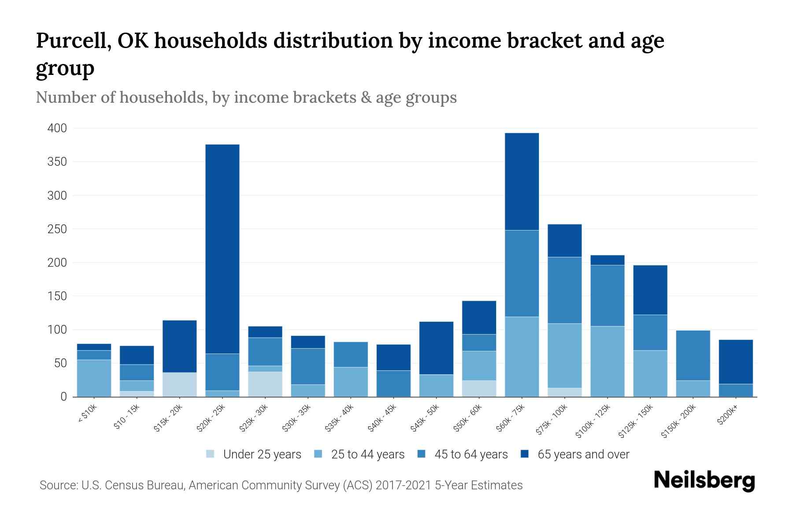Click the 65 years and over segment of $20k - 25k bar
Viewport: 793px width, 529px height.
click(x=222, y=249)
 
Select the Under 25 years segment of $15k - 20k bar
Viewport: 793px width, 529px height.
click(x=180, y=384)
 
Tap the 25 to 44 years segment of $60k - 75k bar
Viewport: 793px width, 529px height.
click(x=522, y=357)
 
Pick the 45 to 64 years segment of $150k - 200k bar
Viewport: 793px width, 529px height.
click(x=693, y=355)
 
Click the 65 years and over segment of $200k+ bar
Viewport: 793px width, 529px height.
click(x=736, y=361)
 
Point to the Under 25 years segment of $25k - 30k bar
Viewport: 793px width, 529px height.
click(x=265, y=384)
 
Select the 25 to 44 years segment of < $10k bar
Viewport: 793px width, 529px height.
click(x=94, y=378)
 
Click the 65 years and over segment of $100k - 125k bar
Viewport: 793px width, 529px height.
click(x=608, y=260)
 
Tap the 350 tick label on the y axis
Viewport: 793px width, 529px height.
click(x=57, y=162)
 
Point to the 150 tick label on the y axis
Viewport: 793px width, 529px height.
click(x=57, y=296)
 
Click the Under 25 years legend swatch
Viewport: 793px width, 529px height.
click(x=211, y=454)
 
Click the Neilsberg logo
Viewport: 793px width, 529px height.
click(x=704, y=481)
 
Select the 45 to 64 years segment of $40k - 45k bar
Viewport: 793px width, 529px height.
click(x=393, y=384)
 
